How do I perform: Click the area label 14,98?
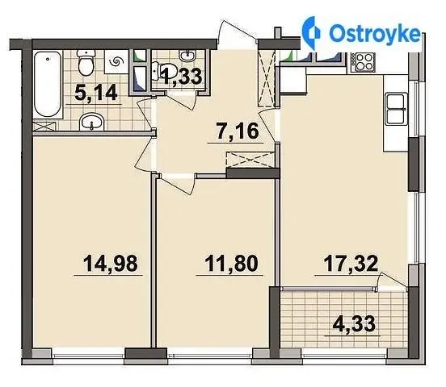[111, 263]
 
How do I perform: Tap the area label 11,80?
[231, 263]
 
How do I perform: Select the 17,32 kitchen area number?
[351, 263]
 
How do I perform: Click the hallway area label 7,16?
[238, 131]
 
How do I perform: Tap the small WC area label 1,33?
[182, 76]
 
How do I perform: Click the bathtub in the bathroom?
[48, 85]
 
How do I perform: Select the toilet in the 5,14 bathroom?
[86, 62]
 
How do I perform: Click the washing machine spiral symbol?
[117, 61]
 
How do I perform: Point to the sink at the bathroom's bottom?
[91, 123]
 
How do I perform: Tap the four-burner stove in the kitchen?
[363, 62]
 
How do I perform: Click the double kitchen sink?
[395, 110]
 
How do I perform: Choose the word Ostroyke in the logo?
[375, 34]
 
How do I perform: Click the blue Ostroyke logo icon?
[311, 33]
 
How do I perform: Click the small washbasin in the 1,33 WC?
[187, 56]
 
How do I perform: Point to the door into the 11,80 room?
[177, 184]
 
